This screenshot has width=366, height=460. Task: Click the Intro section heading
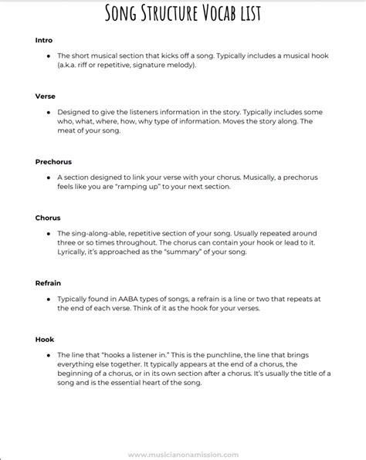pos(43,39)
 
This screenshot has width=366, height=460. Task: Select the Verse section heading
pos(45,96)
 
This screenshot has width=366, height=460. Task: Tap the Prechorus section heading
pos(53,161)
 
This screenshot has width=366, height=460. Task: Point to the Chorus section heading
pos(48,218)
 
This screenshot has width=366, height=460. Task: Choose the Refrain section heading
pos(48,283)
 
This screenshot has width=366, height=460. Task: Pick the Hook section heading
pos(44,339)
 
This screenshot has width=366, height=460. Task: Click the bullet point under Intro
pos(49,56)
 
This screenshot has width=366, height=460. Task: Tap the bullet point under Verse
pos(49,113)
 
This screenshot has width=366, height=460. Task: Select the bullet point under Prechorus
pos(49,178)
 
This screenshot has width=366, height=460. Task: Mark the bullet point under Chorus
pos(49,234)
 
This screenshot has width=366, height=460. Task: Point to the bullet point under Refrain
pos(49,299)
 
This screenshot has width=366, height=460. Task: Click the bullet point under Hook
pos(49,355)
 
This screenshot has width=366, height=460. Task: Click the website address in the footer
pos(184,454)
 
